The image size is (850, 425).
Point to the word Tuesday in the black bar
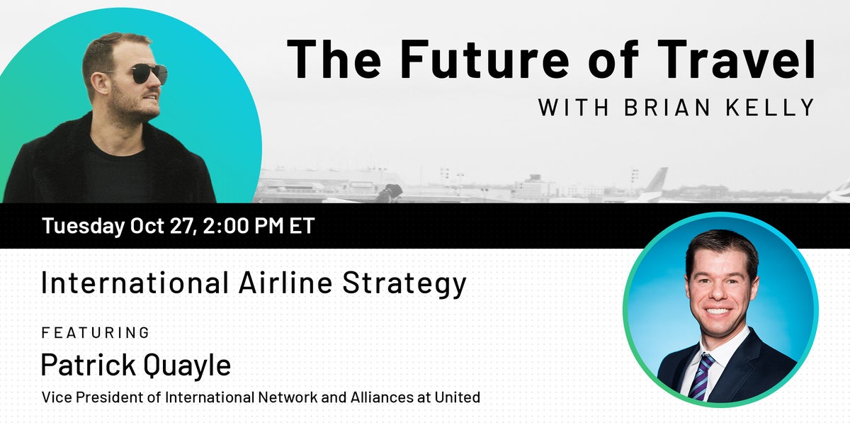[82, 227]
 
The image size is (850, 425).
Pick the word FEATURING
[96, 332]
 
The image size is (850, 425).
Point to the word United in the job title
[458, 397]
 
